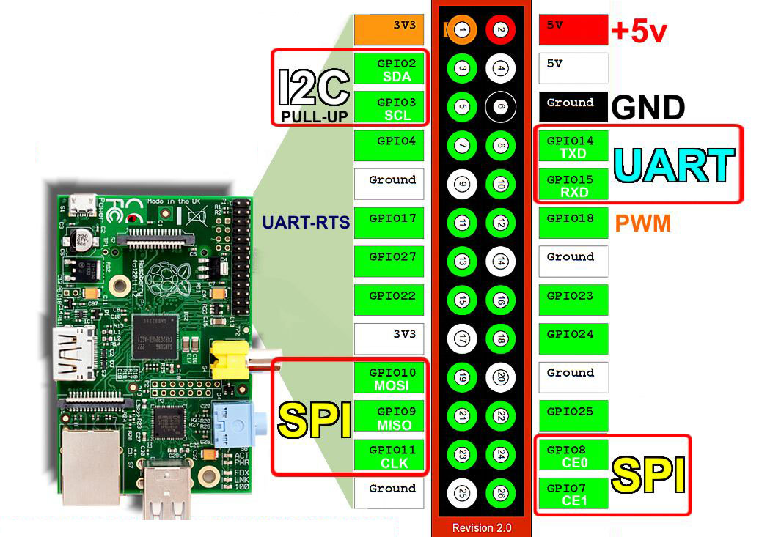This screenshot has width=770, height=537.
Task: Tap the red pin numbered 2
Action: coord(500,30)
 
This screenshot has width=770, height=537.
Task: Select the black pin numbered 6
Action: coord(500,106)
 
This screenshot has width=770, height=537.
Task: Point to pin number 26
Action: coord(500,492)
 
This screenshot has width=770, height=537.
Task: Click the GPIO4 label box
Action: coord(389,145)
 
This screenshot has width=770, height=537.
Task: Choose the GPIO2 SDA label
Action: coord(389,69)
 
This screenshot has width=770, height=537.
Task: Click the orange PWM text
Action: coord(643,223)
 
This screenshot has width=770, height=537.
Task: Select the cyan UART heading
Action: coord(674,166)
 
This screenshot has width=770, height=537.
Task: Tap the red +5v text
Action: coord(639,32)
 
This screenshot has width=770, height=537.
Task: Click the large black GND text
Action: coord(648,108)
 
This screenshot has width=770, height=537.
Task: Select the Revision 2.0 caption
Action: coord(482,527)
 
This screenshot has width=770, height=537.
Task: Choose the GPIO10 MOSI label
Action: coord(389,378)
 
